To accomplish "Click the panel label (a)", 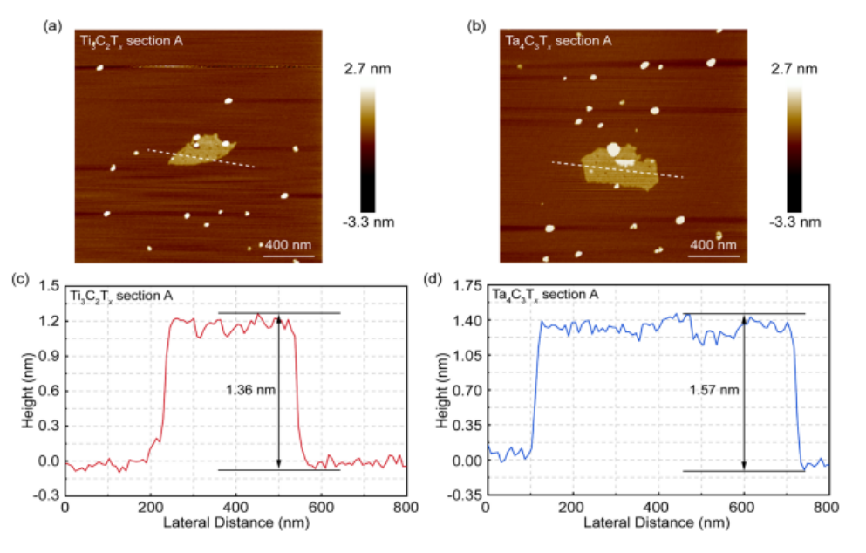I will (50, 26).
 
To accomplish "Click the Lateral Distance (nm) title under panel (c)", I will (235, 522).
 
